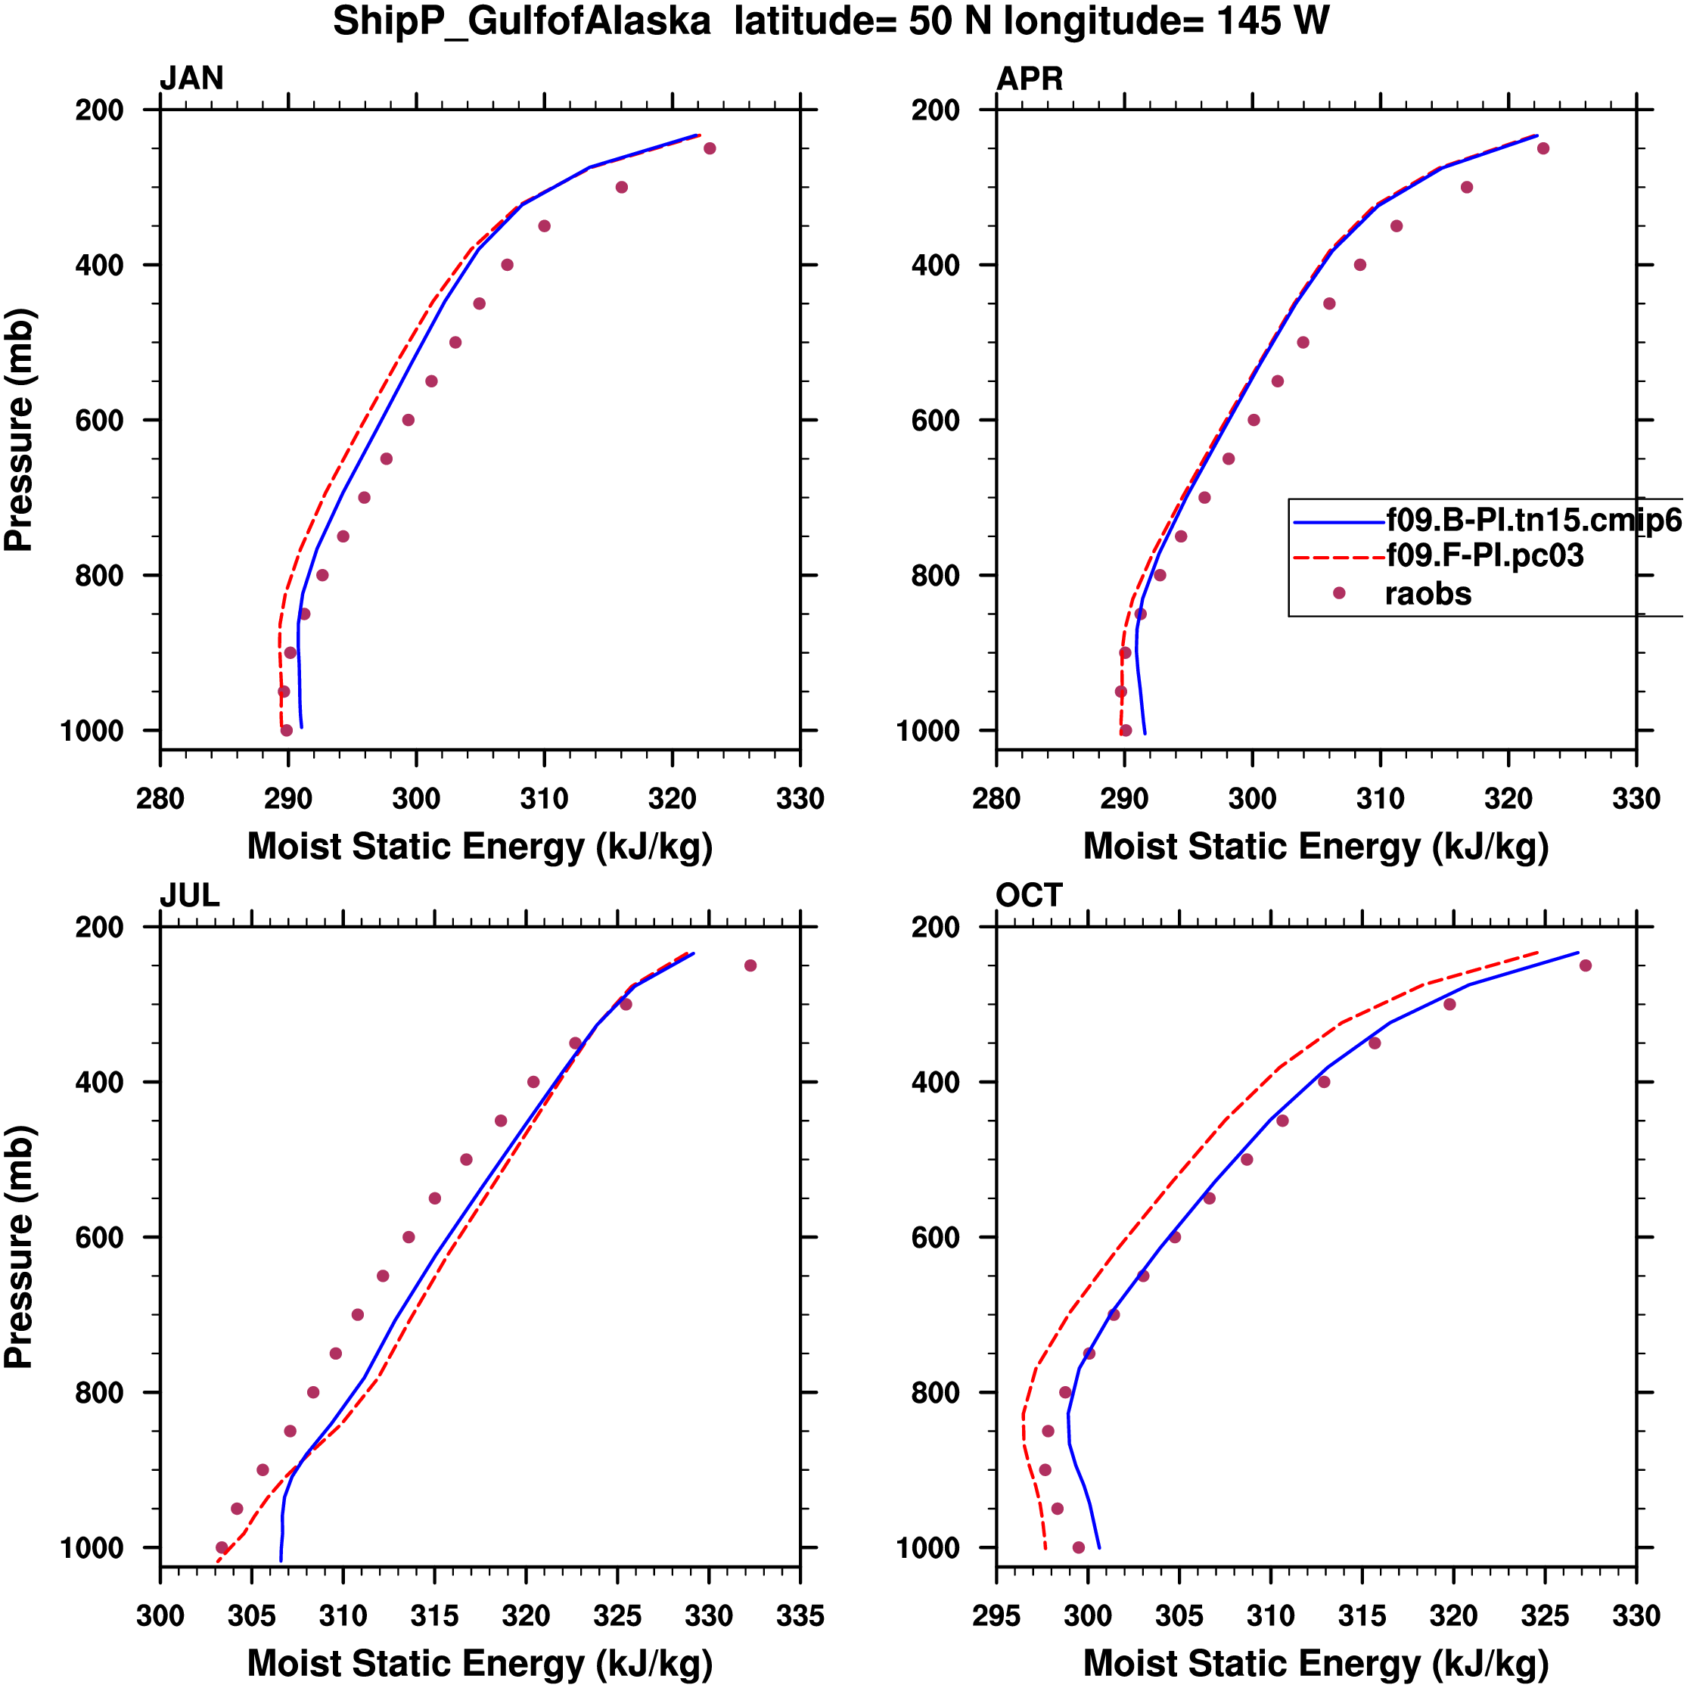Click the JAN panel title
[x=191, y=79]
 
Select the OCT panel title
[x=1029, y=896]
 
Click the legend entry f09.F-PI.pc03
[x=1484, y=555]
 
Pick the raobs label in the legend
[x=1428, y=594]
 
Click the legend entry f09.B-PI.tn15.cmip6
[x=1533, y=520]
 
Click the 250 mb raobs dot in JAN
[x=710, y=148]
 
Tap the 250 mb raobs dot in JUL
[x=750, y=965]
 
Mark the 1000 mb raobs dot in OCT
[x=1078, y=1547]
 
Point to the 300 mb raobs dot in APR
[x=1467, y=187]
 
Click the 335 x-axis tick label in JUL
[x=800, y=1615]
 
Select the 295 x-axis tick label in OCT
[x=997, y=1615]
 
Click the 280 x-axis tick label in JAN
[x=160, y=798]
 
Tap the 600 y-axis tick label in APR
[x=936, y=420]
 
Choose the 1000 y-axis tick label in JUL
[x=92, y=1547]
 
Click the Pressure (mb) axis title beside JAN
[x=19, y=429]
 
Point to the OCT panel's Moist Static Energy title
[x=1316, y=1664]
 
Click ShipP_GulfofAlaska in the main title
[x=521, y=22]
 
